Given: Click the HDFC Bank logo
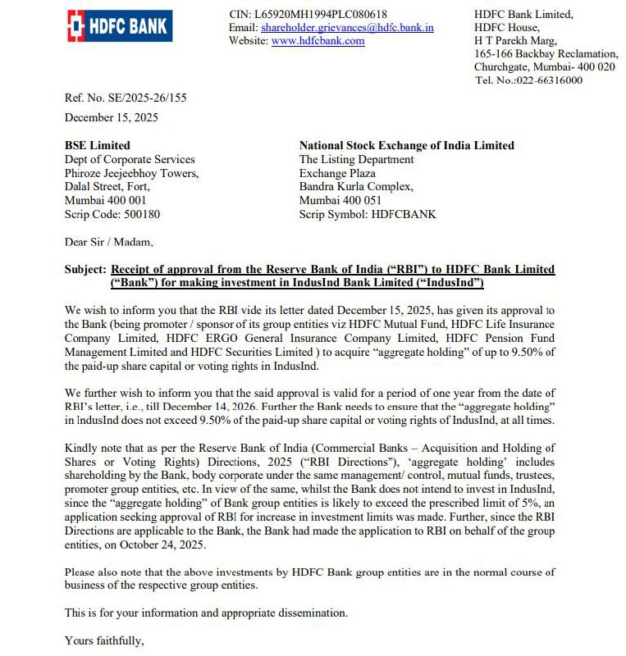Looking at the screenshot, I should (118, 27).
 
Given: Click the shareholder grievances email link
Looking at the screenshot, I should (347, 28).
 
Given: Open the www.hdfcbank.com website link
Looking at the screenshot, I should (318, 41).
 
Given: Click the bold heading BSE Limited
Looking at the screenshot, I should (97, 145).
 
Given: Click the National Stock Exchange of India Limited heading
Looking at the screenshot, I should (406, 145).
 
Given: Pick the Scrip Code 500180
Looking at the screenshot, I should (112, 214).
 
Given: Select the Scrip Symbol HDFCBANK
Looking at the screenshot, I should (368, 214).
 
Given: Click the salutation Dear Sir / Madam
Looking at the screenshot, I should (108, 242).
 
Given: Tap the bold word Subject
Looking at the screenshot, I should (85, 269).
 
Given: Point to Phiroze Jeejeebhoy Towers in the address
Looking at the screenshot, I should (131, 173).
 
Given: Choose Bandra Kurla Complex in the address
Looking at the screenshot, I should (356, 187).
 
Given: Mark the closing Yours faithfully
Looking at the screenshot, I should (104, 640).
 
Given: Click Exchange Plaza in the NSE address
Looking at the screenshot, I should (337, 173).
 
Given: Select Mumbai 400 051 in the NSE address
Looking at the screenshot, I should (337, 200).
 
